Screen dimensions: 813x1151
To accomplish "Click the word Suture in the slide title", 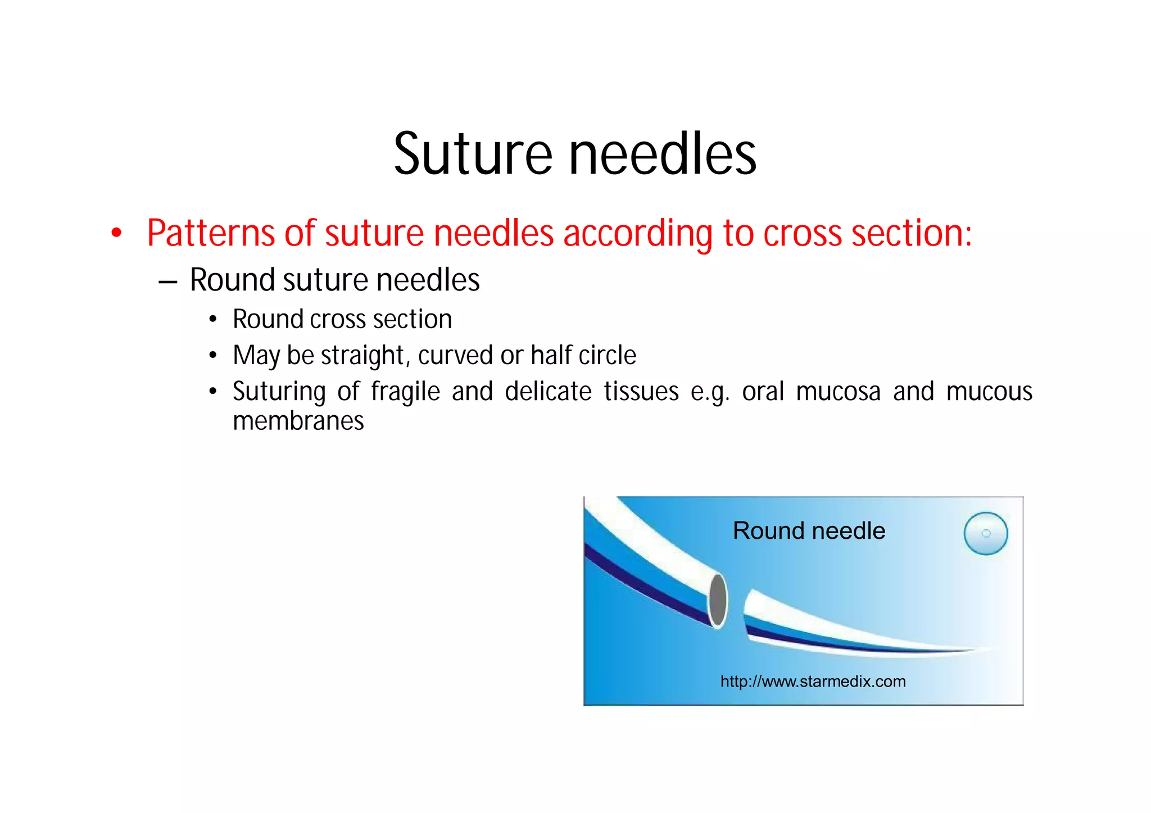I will click(x=473, y=154).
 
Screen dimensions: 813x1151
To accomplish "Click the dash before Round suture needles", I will click(x=168, y=281).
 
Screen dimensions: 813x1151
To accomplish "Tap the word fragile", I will click(x=405, y=392).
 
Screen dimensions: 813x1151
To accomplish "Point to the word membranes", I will click(x=298, y=421).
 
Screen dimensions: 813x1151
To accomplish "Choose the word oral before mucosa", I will click(x=763, y=391).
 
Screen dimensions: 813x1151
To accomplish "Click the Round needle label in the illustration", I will click(x=809, y=531).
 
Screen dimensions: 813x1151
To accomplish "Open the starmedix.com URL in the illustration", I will click(x=813, y=682).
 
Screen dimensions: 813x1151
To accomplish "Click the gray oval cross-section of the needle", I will click(x=718, y=599).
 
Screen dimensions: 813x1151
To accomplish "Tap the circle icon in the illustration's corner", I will click(x=986, y=533).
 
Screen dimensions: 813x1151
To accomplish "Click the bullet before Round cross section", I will click(x=212, y=320).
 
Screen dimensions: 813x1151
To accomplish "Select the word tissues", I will click(x=641, y=391).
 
